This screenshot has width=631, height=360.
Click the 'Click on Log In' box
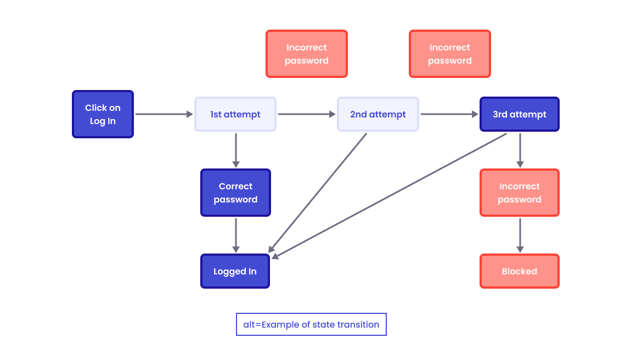point(103,114)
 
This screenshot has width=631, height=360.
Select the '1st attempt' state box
point(235,114)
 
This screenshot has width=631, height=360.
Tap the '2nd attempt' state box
point(378,114)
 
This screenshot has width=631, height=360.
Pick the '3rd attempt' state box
point(519,114)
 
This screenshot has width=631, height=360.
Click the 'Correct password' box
point(235,193)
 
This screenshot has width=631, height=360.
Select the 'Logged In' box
point(235,271)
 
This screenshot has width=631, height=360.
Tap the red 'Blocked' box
point(519,271)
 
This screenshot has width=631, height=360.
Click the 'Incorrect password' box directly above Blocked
point(519,193)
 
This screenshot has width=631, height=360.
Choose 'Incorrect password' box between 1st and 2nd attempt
point(307,54)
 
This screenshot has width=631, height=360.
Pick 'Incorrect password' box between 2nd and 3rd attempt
point(449,54)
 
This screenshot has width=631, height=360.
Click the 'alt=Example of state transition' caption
point(311,324)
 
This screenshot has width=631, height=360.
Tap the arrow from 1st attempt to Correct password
point(236,149)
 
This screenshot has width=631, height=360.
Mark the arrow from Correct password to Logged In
point(236,235)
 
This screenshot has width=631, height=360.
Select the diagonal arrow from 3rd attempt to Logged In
point(390,195)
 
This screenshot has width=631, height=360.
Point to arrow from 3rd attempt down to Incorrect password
point(520,149)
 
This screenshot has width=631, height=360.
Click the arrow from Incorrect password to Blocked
point(520,234)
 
